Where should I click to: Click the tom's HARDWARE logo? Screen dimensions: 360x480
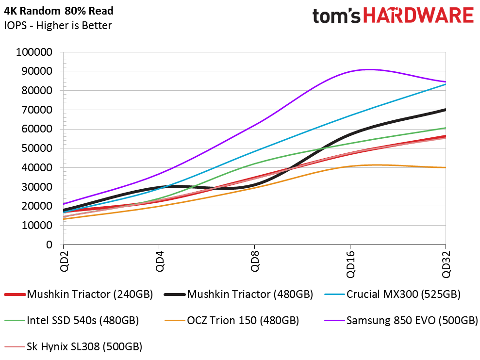coord(393,16)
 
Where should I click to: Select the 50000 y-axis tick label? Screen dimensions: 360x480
coord(37,148)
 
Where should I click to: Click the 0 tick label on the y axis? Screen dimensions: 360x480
coord(49,245)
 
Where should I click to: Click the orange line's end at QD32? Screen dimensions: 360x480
coord(445,167)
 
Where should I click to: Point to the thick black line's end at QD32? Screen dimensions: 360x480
coord(445,110)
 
